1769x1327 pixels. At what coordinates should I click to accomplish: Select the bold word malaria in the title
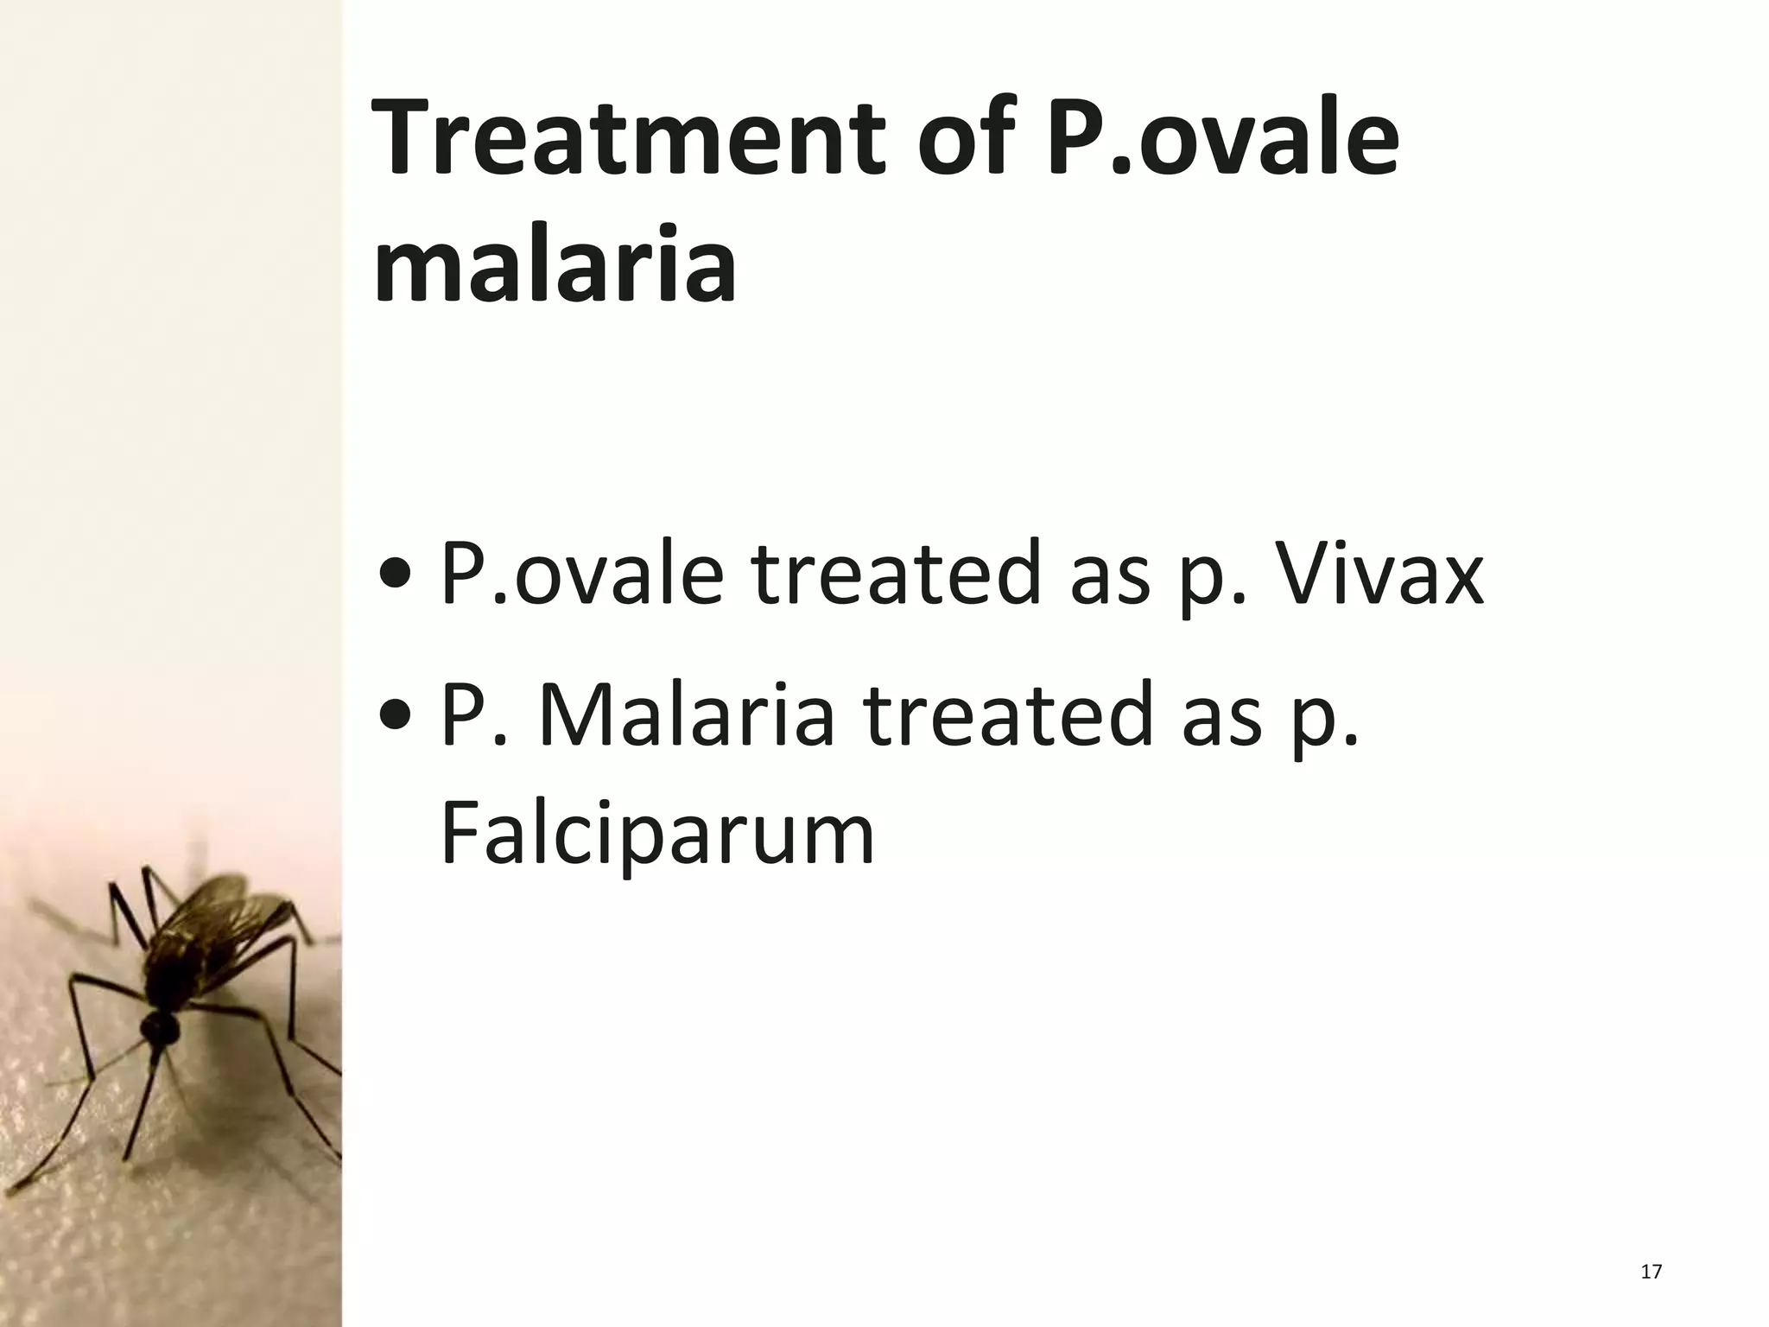(x=555, y=263)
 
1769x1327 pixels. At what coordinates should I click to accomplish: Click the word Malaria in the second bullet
(x=687, y=715)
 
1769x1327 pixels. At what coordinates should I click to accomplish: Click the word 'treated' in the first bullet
(x=895, y=573)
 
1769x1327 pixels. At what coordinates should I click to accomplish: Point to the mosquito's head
(x=161, y=1027)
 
